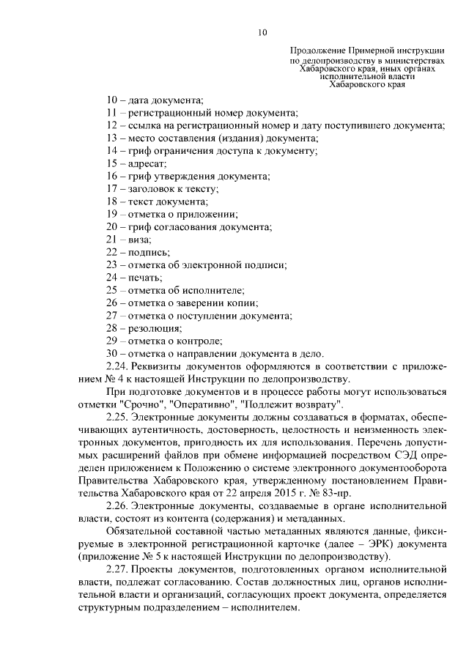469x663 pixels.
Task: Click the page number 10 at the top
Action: click(x=263, y=32)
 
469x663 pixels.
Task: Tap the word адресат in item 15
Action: click(x=149, y=163)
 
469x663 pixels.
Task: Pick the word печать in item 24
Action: click(x=146, y=277)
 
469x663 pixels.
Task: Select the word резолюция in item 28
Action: click(x=155, y=328)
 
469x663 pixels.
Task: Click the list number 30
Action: click(x=112, y=353)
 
